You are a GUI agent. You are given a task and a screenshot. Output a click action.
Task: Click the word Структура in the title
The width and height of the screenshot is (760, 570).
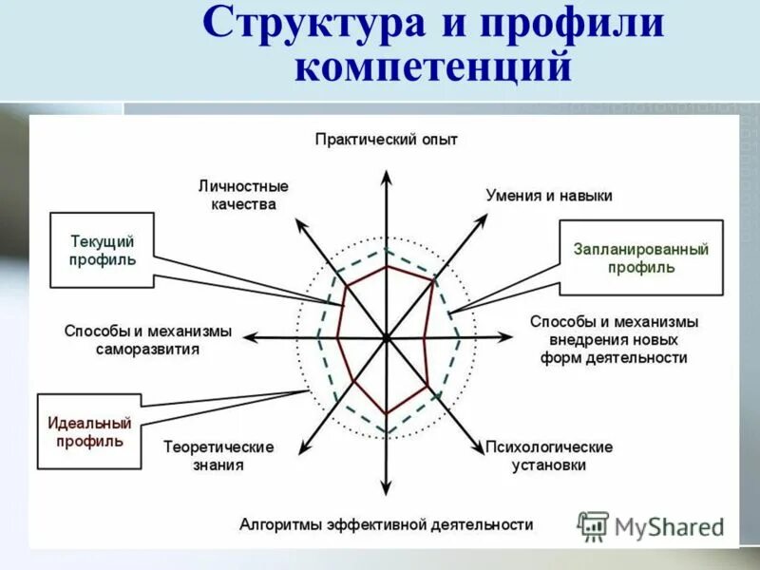tap(314, 25)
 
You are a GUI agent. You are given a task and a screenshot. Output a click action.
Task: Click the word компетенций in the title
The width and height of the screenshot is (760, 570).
tap(434, 69)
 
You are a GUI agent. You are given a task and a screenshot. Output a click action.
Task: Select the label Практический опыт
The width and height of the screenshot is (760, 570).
tap(387, 140)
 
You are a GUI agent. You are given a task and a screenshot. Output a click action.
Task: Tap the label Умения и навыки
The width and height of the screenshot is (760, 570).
tap(549, 196)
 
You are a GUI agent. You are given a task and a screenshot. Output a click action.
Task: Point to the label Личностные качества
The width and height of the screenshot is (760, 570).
tap(244, 195)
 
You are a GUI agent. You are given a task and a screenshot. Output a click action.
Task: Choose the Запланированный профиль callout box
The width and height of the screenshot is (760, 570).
tap(641, 258)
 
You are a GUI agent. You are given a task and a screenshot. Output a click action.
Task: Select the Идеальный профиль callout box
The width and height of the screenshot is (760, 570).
tap(89, 432)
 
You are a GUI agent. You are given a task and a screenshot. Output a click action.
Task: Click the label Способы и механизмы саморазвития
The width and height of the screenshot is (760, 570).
tap(148, 339)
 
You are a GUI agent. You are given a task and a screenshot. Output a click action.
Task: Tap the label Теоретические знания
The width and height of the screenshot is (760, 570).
tap(218, 456)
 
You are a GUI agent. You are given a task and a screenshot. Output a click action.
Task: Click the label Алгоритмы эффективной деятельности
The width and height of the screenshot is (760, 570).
tap(387, 524)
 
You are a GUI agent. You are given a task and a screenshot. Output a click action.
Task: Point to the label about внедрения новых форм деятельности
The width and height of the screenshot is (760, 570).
tap(614, 339)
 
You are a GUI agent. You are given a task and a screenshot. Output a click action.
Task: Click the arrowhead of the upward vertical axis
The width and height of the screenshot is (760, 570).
tap(387, 177)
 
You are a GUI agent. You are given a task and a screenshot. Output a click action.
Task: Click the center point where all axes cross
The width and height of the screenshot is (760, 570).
tap(387, 336)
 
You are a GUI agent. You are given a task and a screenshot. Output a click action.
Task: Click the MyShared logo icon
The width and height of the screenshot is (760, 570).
tap(594, 524)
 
